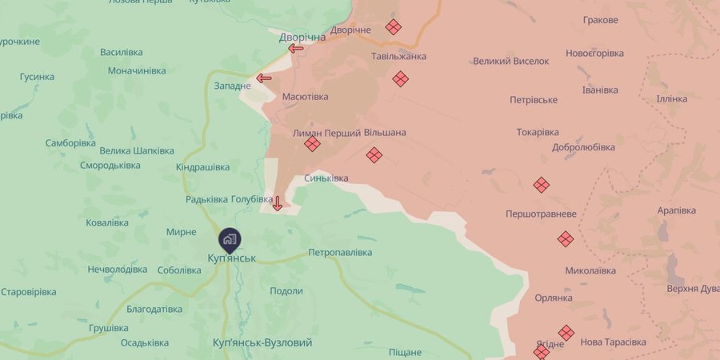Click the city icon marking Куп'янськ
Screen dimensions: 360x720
pos(230,238)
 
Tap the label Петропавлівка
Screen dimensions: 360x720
pos(340,253)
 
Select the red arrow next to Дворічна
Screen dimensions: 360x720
pos(296,49)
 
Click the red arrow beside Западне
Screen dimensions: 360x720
pos(264,78)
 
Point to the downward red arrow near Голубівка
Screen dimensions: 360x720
pos(278,202)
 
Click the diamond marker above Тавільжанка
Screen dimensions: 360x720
pos(393,26)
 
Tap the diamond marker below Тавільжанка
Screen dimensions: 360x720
pos(400,78)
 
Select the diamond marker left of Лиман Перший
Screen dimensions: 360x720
pos(312,144)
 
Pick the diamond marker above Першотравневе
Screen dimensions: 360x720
pos(542,185)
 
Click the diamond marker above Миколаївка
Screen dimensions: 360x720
pos(566,238)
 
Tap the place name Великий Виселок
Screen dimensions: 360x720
pos(511,61)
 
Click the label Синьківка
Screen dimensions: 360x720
pos(326,178)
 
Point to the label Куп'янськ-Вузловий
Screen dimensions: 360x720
pos(262,342)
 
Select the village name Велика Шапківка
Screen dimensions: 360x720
pos(137,150)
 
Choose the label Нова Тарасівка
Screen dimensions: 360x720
pos(614,342)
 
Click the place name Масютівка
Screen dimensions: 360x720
pos(305,97)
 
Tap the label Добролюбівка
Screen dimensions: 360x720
pos(583,147)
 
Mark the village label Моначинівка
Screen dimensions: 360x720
pos(137,70)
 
